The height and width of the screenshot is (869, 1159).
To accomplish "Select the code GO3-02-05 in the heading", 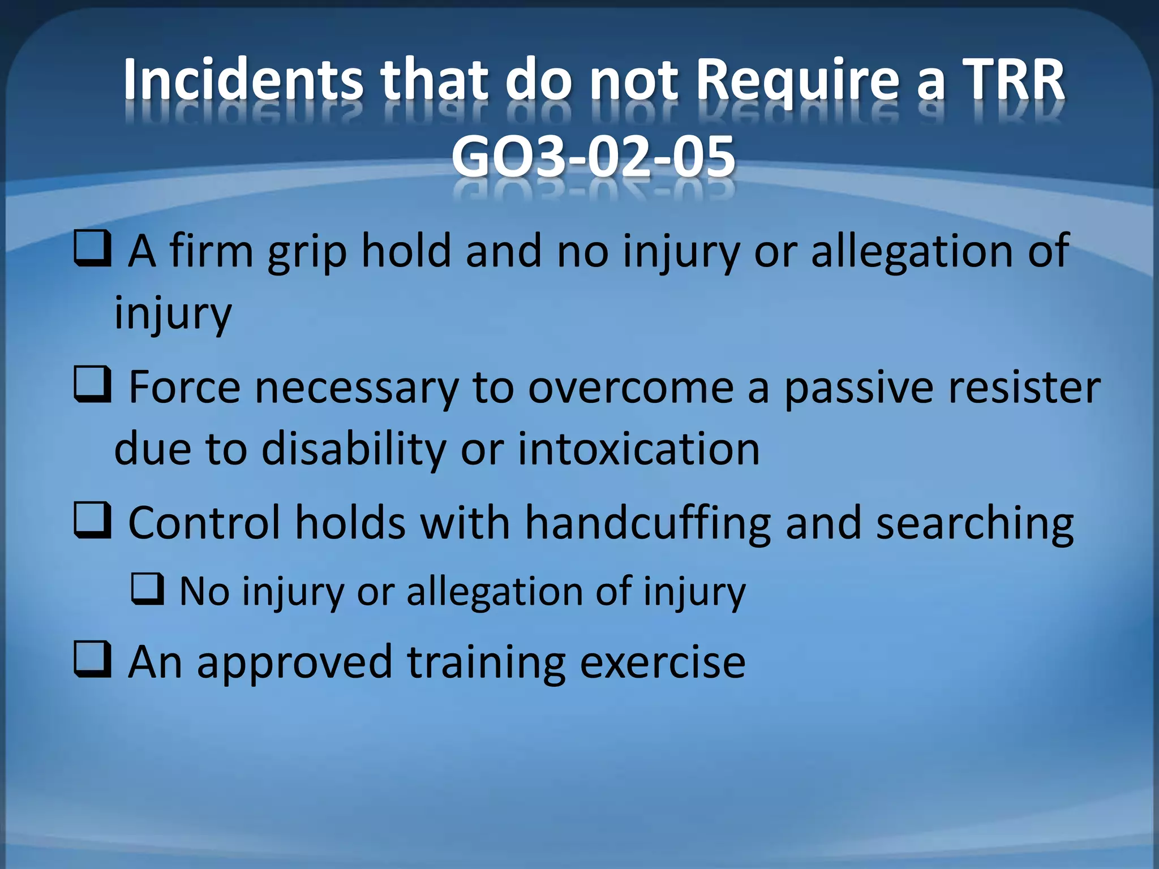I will point(593,156).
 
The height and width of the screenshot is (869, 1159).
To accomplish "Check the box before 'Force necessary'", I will point(92,386).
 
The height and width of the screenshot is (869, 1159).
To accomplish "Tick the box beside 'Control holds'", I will point(92,521).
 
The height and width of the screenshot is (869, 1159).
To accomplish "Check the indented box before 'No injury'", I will point(148,590).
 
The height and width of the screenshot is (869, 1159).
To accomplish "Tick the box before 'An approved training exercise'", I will point(92,660).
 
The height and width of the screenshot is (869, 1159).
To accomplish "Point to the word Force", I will point(184,387).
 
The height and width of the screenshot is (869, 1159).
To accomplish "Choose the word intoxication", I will point(639,449).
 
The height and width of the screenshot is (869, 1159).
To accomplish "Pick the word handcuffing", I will point(648,523).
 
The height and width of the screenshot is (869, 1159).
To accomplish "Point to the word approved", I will point(294,662).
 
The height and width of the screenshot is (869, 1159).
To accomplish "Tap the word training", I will point(487,662).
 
